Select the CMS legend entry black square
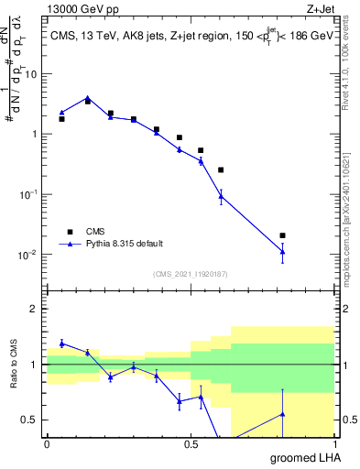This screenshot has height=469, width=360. [x=69, y=231]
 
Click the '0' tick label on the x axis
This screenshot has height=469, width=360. [x=47, y=444]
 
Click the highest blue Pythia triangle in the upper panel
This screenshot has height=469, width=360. [x=87, y=98]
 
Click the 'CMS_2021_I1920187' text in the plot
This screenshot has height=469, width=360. [x=190, y=274]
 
